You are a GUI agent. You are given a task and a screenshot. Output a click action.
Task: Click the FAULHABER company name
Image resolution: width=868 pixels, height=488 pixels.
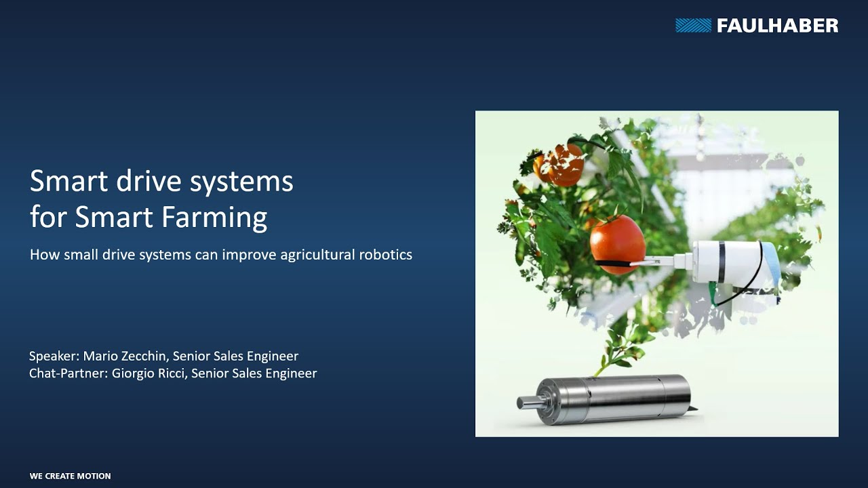777,26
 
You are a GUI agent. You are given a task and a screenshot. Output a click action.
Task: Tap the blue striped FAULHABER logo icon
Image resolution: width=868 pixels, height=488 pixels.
693,26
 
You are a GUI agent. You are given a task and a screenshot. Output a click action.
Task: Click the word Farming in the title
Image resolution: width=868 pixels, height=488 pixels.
214,218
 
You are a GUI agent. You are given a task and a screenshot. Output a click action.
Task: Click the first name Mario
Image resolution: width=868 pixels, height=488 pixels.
100,356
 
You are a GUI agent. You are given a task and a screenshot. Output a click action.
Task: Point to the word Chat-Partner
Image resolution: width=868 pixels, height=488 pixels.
68,373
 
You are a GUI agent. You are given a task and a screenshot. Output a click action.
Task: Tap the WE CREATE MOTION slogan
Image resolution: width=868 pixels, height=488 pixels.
70,476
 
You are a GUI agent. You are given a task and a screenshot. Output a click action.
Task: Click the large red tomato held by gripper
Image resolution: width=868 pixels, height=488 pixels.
618,245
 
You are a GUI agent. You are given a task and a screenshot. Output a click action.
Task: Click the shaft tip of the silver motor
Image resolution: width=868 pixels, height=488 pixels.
519,403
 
